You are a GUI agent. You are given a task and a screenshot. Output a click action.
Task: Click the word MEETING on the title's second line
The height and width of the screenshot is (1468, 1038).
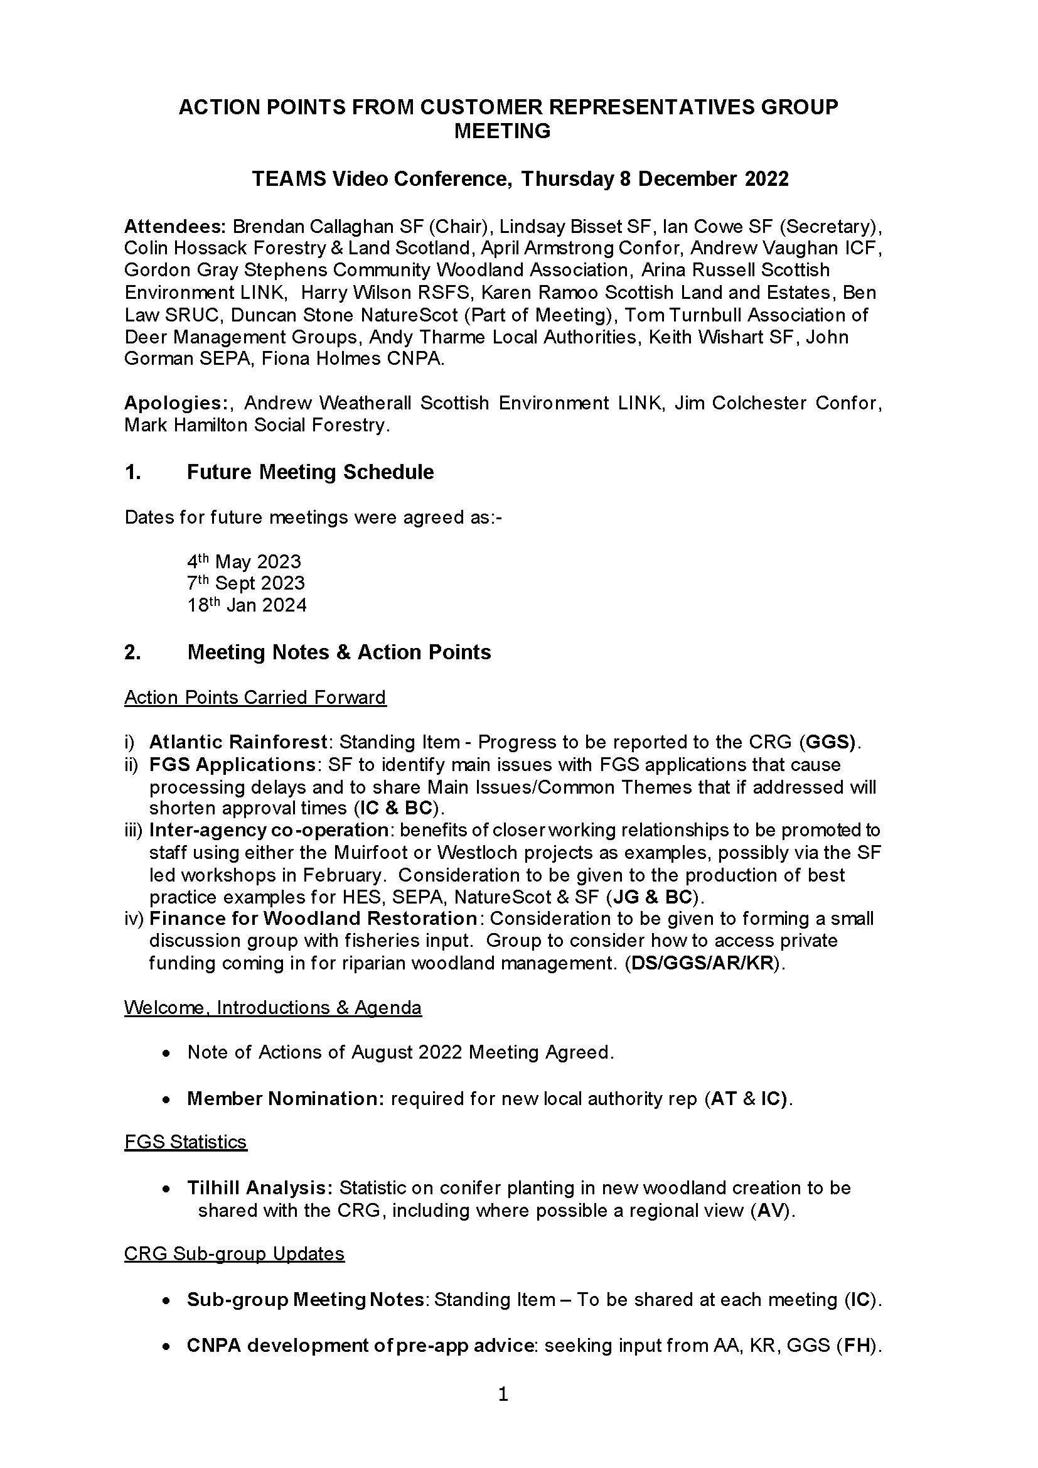(502, 131)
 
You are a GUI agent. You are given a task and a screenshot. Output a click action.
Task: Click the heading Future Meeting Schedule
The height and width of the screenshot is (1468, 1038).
(310, 472)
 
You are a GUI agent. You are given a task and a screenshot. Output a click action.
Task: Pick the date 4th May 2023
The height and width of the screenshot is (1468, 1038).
(243, 561)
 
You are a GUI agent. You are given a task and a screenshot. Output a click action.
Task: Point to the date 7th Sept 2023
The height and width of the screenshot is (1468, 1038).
(245, 583)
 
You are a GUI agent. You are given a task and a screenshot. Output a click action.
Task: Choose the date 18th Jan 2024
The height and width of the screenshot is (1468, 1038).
(247, 605)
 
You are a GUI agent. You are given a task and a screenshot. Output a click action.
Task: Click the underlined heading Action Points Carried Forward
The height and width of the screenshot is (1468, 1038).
(255, 697)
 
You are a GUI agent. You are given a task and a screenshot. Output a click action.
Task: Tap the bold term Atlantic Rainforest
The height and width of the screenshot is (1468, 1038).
(238, 742)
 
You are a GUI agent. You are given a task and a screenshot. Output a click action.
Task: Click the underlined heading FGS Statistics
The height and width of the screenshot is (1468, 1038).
(185, 1142)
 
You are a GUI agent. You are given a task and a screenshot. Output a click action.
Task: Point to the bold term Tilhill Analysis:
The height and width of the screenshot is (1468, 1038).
(260, 1188)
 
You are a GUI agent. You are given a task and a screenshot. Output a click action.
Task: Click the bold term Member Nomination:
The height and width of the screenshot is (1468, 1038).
(285, 1098)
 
